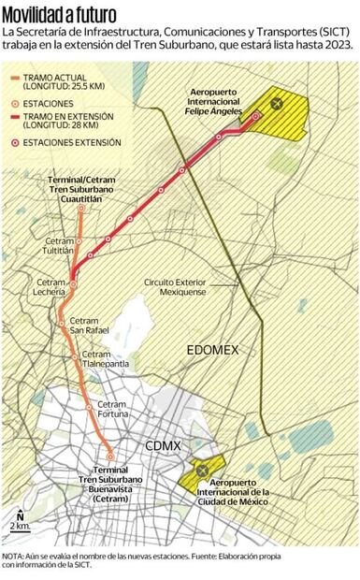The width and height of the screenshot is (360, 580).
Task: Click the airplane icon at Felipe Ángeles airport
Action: click(x=275, y=104)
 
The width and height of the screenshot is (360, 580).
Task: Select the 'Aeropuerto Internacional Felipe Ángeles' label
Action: click(x=216, y=102)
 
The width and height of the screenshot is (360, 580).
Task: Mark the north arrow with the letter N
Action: click(x=20, y=515)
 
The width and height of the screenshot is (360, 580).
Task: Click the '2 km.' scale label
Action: click(x=19, y=527)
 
